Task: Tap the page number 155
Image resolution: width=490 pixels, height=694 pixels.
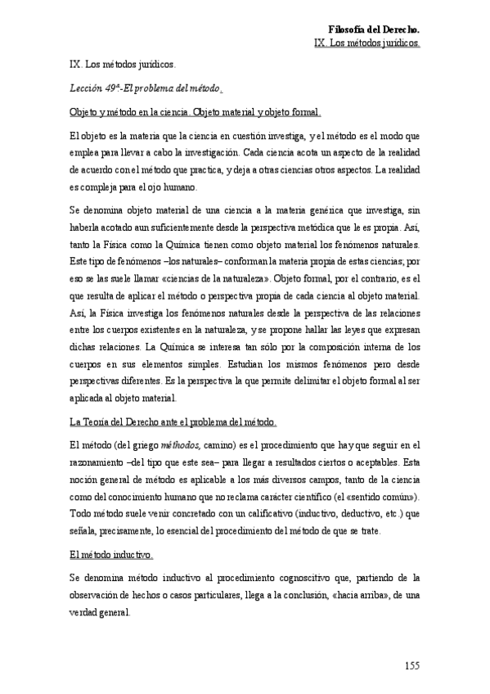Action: click(411, 665)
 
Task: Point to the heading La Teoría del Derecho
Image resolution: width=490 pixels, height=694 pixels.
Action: click(173, 422)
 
